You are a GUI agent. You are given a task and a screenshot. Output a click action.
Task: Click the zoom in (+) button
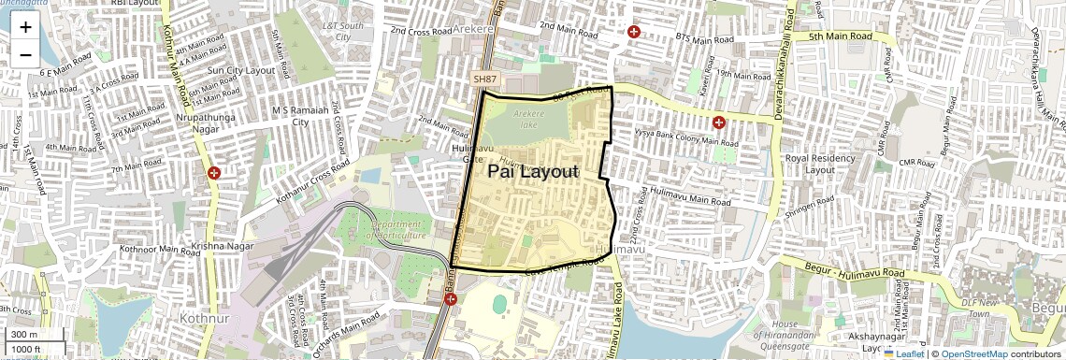(25, 27)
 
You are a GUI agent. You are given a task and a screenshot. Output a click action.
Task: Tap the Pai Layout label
(533, 171)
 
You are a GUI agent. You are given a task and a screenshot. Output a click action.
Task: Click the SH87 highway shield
(485, 80)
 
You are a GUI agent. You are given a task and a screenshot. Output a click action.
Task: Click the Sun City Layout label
(241, 70)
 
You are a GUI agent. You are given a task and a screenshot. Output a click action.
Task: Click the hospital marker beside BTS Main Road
(635, 31)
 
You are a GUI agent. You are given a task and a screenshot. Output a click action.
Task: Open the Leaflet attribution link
(903, 353)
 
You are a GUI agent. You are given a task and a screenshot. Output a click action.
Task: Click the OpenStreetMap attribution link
(973, 353)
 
